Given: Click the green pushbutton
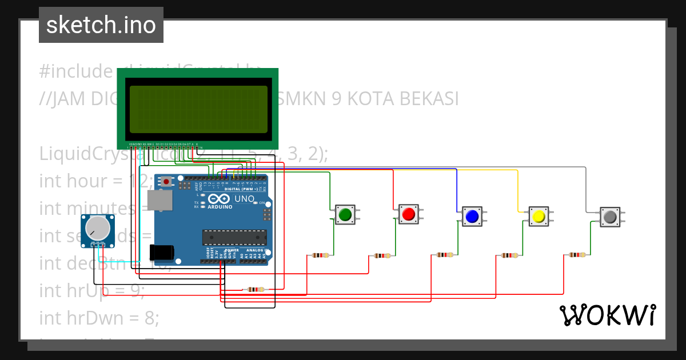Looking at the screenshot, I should [x=345, y=214].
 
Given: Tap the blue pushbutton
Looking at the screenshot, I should [x=472, y=217].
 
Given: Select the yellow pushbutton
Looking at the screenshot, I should [x=538, y=217].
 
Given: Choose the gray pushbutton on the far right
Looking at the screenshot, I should [x=609, y=217].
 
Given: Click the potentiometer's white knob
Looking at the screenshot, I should [x=97, y=229].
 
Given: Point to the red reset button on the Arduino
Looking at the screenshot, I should [x=166, y=182].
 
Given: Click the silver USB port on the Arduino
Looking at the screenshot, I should [x=159, y=201].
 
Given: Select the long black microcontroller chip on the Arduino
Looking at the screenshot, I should [x=234, y=237].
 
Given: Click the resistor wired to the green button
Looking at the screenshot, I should [x=321, y=255].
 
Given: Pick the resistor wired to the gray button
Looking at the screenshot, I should [x=577, y=255].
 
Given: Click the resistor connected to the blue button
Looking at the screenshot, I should [x=445, y=255].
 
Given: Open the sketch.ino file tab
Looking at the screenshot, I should [x=101, y=25].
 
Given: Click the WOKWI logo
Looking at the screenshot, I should [x=607, y=315].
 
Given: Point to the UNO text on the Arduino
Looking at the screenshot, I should [x=245, y=198].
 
